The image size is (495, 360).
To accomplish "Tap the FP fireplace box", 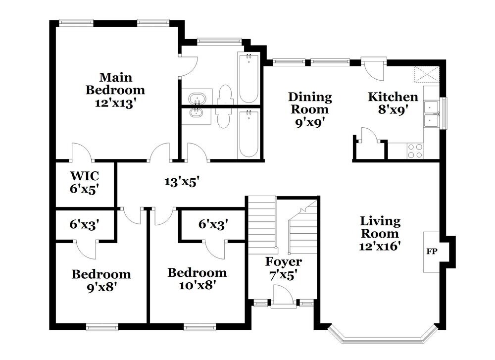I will [x=431, y=252].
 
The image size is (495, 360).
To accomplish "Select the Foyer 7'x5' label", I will [x=283, y=267].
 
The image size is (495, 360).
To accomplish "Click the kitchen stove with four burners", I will [x=415, y=150].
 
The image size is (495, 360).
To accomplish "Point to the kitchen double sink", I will [x=431, y=114].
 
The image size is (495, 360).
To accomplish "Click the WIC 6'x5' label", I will [x=85, y=182].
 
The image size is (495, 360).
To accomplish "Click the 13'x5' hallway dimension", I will [x=182, y=182].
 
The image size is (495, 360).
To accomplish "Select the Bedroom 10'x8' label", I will [x=197, y=278].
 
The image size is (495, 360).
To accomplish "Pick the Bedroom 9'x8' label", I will [x=101, y=280].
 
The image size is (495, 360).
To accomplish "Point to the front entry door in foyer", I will [x=282, y=301].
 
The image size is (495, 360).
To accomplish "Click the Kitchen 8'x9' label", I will [x=393, y=103].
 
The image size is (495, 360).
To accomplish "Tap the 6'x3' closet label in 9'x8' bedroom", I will [x=85, y=224].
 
